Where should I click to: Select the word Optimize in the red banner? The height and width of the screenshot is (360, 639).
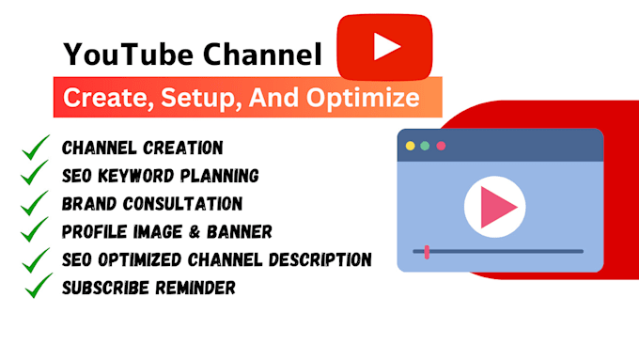(x=370, y=98)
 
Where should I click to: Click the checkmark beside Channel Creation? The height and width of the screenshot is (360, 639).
(x=35, y=148)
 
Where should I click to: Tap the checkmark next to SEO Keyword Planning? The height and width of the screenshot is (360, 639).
(x=35, y=175)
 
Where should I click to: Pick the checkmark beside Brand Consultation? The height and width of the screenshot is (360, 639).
(x=35, y=203)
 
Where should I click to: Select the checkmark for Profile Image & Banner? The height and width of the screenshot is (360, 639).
(x=35, y=230)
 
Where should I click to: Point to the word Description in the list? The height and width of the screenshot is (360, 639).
(x=320, y=259)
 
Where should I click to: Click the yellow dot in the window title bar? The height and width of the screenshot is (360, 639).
(x=410, y=146)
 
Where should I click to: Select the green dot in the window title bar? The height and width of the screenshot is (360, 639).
(x=425, y=146)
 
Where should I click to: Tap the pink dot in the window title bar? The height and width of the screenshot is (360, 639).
(x=441, y=146)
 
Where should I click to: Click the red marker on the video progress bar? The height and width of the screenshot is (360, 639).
(x=427, y=252)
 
